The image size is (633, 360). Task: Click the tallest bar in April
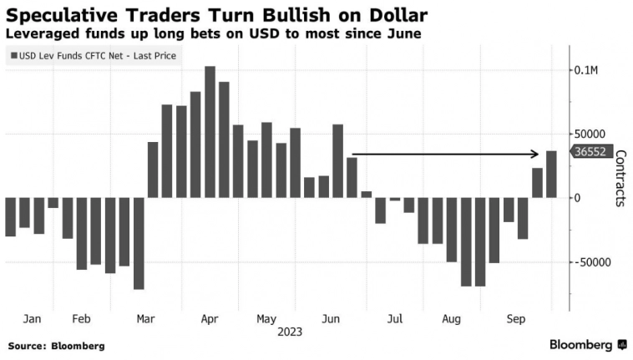click(210, 132)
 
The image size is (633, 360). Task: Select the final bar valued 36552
click(551, 174)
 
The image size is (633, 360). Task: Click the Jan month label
click(33, 318)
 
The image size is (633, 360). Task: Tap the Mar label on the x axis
click(145, 318)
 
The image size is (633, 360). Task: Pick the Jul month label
click(394, 318)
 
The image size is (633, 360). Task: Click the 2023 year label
click(289, 332)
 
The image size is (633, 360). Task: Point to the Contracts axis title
click(620, 178)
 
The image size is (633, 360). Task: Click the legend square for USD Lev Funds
click(13, 57)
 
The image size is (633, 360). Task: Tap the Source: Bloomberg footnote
click(56, 345)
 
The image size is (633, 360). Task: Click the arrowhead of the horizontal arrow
click(537, 154)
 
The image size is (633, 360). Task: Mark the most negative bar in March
click(139, 243)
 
